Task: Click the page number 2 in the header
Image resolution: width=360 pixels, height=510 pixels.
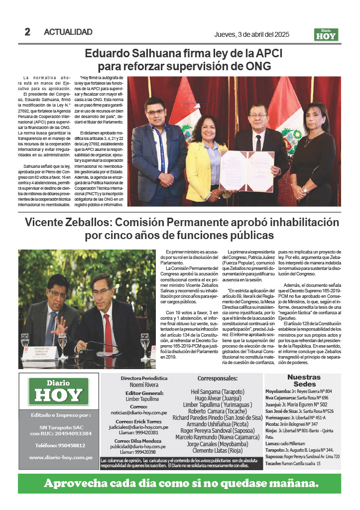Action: click(27, 32)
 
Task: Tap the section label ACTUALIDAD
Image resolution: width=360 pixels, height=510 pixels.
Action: click(68, 32)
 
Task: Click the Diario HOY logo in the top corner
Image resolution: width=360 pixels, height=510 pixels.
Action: click(326, 34)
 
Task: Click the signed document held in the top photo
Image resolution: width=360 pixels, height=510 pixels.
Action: click(246, 170)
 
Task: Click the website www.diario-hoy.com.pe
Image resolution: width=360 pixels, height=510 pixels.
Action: click(59, 457)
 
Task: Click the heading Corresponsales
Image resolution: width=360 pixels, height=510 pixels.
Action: click(218, 379)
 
